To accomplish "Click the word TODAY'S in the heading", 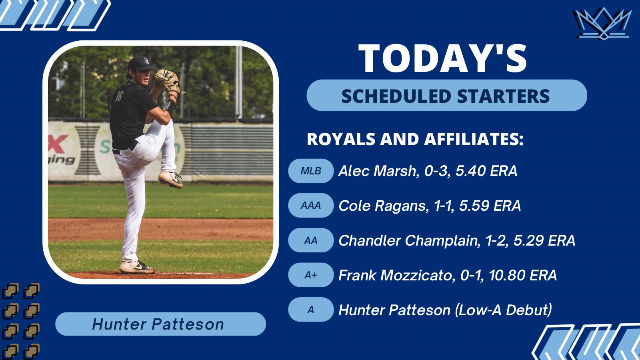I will click(x=443, y=59).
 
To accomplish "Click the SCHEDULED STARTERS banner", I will click(x=446, y=96).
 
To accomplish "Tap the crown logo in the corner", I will click(x=602, y=24).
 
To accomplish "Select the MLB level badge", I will click(x=311, y=171).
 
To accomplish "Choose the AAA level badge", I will click(x=311, y=206).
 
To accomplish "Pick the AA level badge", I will click(x=311, y=240).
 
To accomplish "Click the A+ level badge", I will click(x=311, y=275).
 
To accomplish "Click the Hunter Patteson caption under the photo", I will click(x=158, y=324).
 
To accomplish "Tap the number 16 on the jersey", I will click(x=118, y=96).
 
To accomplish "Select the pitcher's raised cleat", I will click(x=171, y=178).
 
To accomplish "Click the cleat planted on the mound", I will click(x=136, y=267).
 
